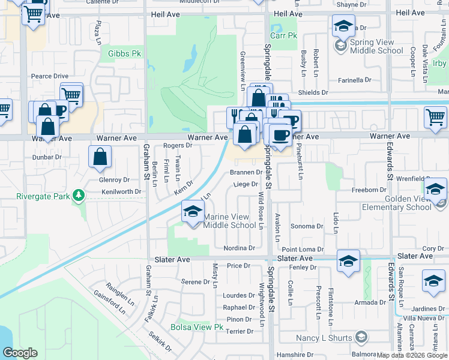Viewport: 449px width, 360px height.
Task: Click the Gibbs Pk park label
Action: (124, 54)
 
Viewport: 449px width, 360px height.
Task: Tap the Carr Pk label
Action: (283, 36)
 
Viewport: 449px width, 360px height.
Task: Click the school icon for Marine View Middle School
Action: (192, 212)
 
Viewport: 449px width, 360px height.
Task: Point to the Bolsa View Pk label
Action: (196, 328)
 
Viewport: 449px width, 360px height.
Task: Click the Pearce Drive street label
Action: (50, 76)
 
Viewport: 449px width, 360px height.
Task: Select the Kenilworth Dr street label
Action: (122, 191)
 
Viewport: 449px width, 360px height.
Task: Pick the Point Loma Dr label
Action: (303, 249)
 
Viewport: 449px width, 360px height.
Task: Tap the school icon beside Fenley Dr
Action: (348, 261)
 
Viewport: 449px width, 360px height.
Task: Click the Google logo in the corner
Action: (20, 353)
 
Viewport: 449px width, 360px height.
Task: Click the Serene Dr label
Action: (195, 281)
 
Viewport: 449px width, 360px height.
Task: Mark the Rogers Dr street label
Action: (177, 145)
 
